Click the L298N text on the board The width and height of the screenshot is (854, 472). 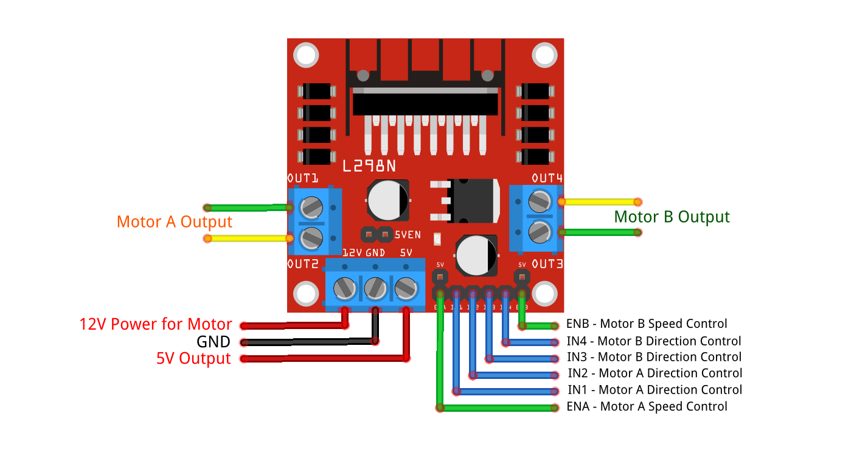369,165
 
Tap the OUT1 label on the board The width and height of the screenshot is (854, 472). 302,179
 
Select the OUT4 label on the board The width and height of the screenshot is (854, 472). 547,178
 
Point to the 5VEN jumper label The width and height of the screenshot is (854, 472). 408,234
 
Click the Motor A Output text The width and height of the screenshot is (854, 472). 175,222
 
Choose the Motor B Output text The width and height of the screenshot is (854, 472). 672,217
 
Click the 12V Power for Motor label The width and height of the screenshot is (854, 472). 156,324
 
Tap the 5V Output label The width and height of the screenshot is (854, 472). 193,359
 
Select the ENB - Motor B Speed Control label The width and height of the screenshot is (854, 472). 647,324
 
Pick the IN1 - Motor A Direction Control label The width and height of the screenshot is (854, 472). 654,390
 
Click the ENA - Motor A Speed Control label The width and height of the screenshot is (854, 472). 647,406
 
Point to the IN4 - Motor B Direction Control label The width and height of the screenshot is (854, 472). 654,341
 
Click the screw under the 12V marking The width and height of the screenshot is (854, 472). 345,287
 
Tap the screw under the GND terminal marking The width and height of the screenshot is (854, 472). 375,287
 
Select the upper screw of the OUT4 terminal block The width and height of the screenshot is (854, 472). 540,200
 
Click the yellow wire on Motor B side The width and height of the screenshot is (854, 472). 599,201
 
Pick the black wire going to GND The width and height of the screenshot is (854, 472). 310,342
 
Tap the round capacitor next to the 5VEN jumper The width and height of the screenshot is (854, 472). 387,200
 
